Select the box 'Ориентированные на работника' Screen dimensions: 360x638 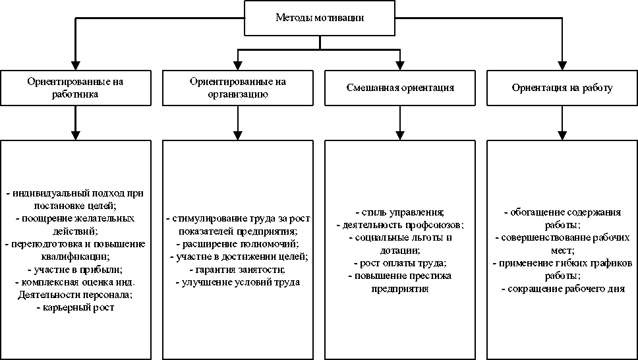75,87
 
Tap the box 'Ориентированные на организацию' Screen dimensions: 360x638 237,87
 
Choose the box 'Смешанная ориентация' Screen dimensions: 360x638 400,87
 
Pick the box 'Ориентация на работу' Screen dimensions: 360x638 562,87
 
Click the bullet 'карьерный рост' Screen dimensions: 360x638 76,307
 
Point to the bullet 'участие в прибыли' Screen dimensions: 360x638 76,269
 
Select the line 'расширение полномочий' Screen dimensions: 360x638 238,243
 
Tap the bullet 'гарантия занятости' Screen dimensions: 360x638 238,269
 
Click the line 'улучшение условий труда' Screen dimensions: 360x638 238,282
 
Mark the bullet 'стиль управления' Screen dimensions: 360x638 400,212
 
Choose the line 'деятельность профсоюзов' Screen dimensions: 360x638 400,225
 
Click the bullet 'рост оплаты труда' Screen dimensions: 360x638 400,263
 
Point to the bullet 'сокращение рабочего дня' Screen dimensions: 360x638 562,288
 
